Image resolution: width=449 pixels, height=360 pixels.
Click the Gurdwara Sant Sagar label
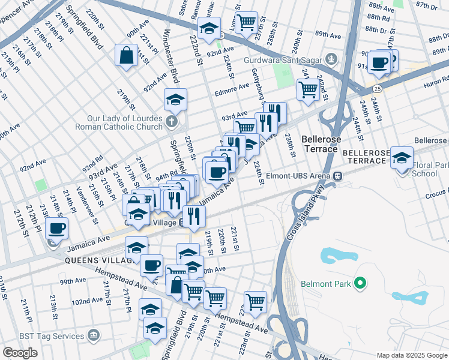click(x=283, y=60)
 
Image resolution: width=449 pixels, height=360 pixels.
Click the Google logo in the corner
click(x=20, y=353)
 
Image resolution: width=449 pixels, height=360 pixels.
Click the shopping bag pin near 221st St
click(x=127, y=56)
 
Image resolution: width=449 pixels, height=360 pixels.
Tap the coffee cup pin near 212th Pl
click(x=57, y=228)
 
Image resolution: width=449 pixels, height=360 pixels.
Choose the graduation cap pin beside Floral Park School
click(x=402, y=158)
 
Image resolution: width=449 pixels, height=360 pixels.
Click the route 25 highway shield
click(x=376, y=88)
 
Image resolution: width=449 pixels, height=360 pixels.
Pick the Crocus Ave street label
click(x=435, y=194)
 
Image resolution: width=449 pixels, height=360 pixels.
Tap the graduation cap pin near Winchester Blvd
click(x=176, y=99)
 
